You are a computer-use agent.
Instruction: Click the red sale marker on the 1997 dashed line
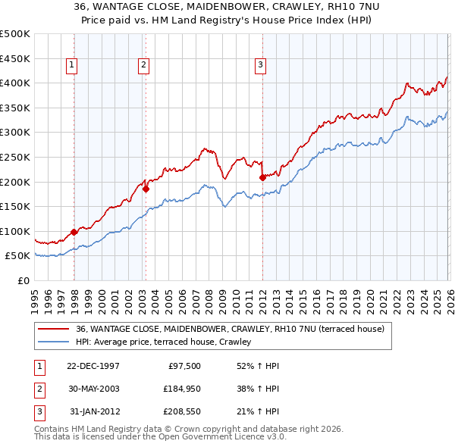(x=74, y=233)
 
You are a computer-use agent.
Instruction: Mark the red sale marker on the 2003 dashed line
(x=146, y=189)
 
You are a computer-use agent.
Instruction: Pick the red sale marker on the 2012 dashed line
(x=262, y=177)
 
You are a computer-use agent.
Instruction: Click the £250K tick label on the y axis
(x=15, y=157)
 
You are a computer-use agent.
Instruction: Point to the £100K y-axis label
(x=15, y=231)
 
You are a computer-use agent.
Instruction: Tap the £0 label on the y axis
(x=23, y=281)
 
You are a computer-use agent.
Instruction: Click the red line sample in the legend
(x=53, y=330)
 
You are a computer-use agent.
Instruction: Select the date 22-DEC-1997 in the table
(x=93, y=366)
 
